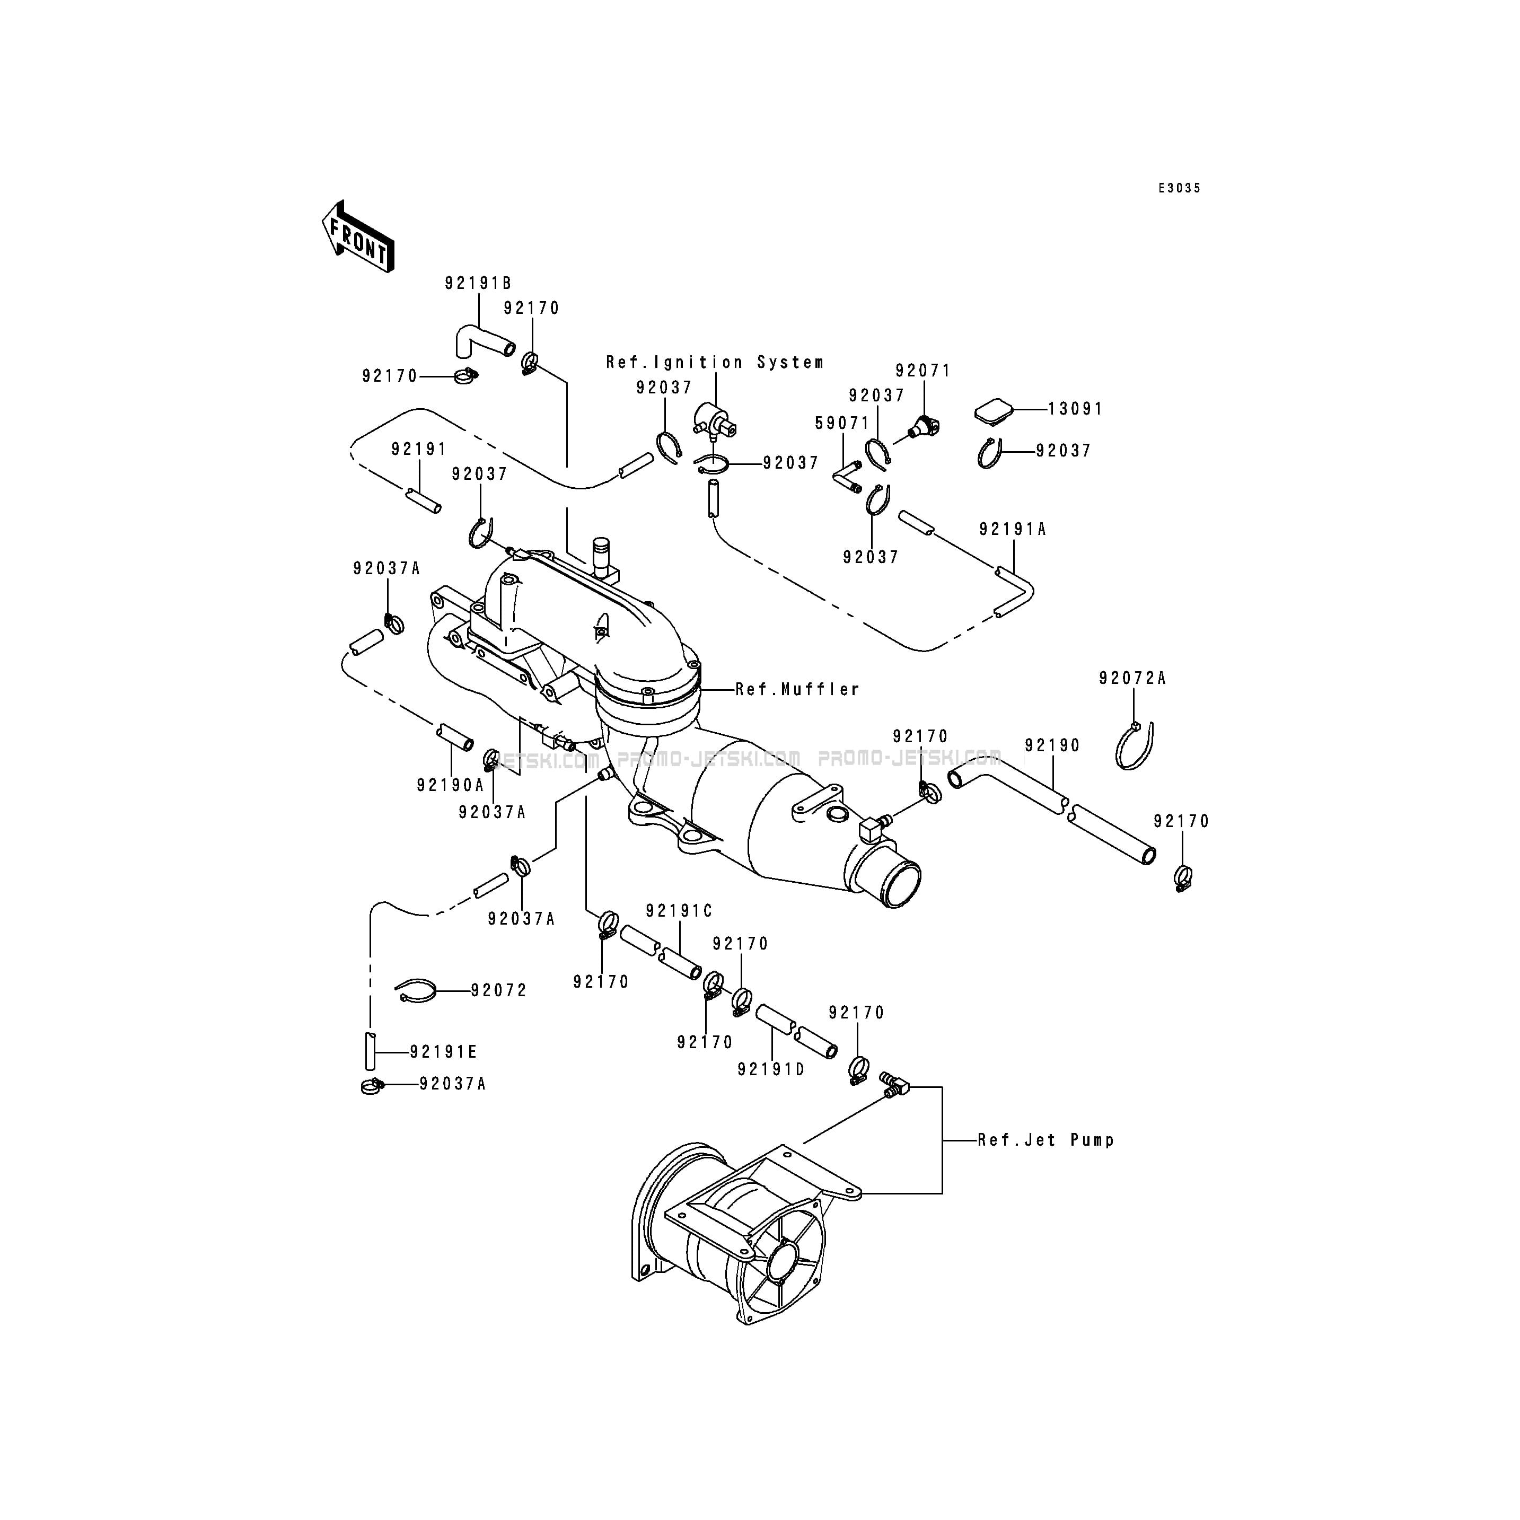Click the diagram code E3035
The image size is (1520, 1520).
(1179, 188)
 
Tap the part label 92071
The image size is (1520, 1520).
(923, 371)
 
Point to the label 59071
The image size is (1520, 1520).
(842, 423)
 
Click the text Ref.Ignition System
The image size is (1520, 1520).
(714, 363)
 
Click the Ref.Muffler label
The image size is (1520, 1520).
(797, 690)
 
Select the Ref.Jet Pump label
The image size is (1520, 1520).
(1045, 1140)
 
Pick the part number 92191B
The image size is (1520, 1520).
(478, 283)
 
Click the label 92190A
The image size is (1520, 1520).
(450, 785)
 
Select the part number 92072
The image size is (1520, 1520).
(499, 990)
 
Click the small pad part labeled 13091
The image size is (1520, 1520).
(993, 411)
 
